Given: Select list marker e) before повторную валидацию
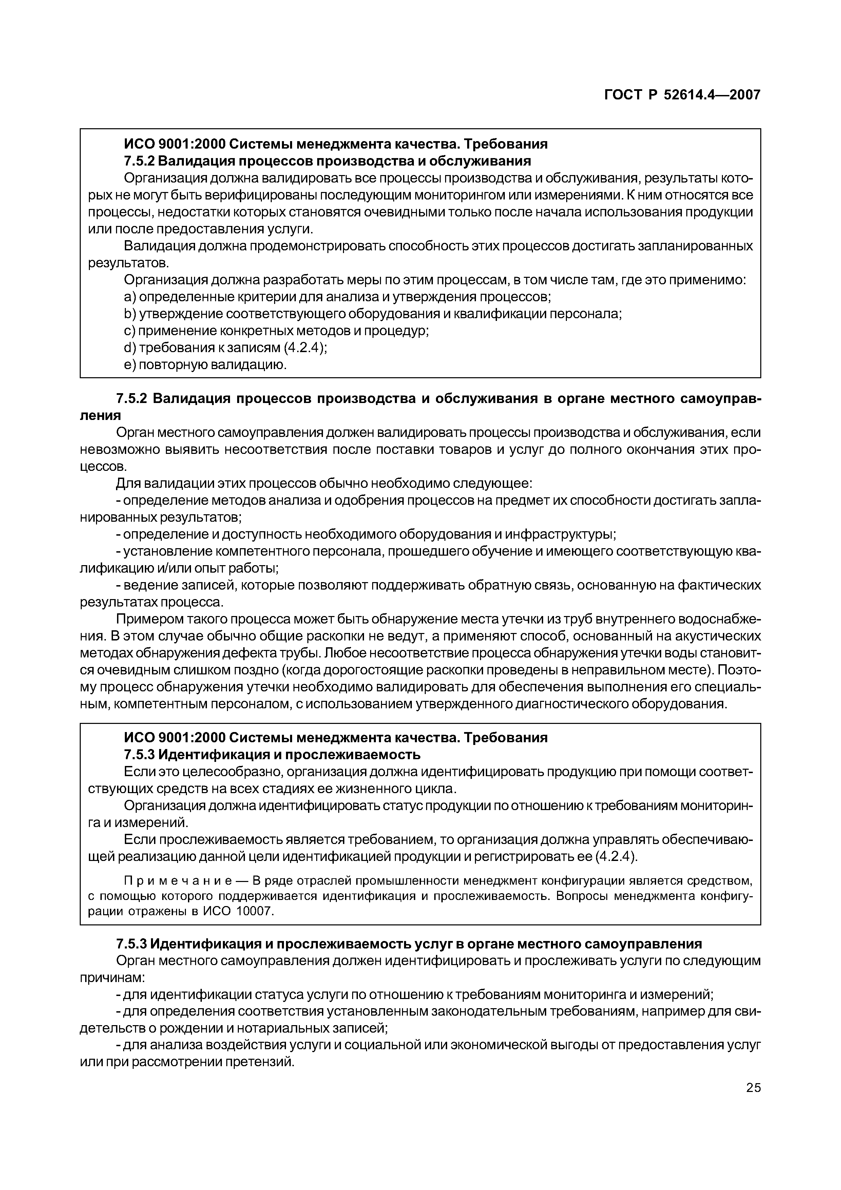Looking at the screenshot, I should click(130, 365).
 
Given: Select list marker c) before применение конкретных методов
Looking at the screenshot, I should click(130, 331).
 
